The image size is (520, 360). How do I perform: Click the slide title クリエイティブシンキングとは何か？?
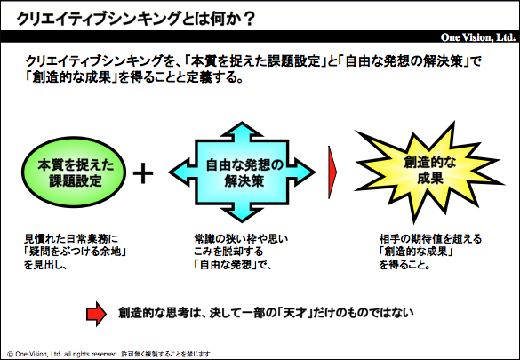(x=136, y=19)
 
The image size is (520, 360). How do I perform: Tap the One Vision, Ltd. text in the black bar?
(x=477, y=37)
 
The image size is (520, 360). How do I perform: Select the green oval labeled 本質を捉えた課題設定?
(x=74, y=172)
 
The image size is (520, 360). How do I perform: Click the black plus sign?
(x=143, y=173)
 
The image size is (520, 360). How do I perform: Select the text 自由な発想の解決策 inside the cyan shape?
(x=244, y=172)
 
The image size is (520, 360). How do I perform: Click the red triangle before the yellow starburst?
(x=332, y=172)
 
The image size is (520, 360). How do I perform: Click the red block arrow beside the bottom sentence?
(x=96, y=314)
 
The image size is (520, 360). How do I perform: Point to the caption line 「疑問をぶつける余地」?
(x=76, y=252)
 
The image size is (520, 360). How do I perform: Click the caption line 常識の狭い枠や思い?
(x=241, y=239)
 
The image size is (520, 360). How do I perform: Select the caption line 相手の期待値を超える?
(x=430, y=239)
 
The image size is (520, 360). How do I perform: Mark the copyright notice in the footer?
(x=108, y=354)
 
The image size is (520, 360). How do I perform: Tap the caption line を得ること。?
(x=404, y=265)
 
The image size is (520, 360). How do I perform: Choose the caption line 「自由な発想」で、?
(x=233, y=265)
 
